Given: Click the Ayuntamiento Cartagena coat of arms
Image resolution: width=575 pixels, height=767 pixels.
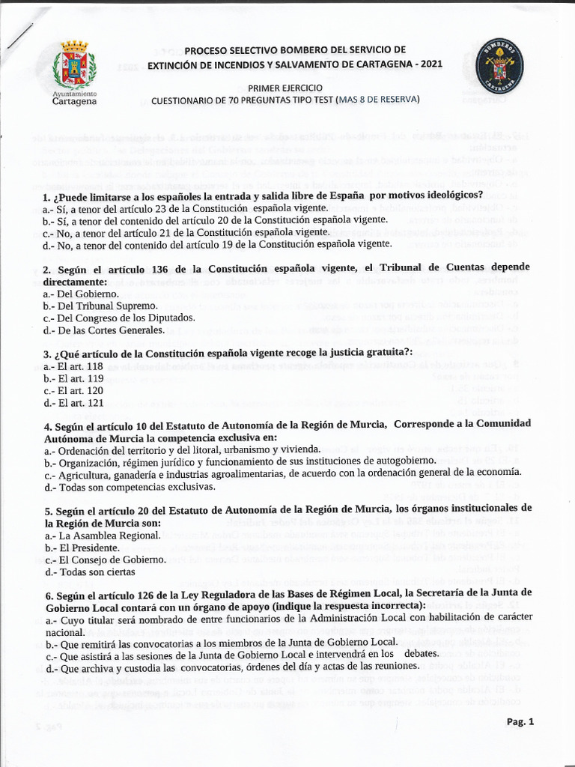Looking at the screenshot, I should point(75,67).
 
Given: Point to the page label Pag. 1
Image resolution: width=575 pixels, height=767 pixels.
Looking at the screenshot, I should point(520,722).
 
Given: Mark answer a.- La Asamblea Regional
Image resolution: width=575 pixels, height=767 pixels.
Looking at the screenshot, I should point(102,536).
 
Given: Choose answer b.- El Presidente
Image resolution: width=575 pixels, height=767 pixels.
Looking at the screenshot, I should point(88,548).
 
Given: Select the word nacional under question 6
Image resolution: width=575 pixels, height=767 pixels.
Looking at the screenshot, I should point(64,631).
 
